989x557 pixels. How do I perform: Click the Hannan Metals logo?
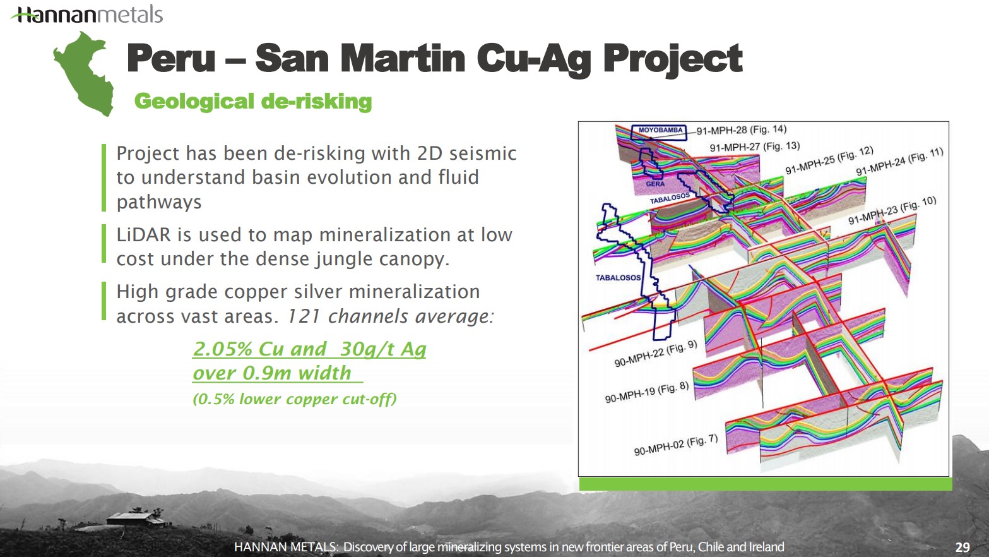(87, 15)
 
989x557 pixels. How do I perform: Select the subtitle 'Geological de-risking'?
(253, 101)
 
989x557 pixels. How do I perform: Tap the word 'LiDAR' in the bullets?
(143, 234)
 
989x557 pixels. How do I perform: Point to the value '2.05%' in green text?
(223, 349)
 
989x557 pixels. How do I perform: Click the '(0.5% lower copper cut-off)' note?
(295, 399)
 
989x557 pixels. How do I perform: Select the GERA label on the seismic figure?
(655, 184)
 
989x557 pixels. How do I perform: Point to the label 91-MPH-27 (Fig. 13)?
(755, 147)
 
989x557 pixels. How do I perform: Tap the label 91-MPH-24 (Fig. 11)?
(899, 161)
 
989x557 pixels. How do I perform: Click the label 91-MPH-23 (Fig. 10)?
(892, 210)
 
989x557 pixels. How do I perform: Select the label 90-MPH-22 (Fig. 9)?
(656, 354)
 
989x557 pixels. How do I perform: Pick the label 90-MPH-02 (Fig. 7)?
(676, 445)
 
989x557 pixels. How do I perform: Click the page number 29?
(962, 548)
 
